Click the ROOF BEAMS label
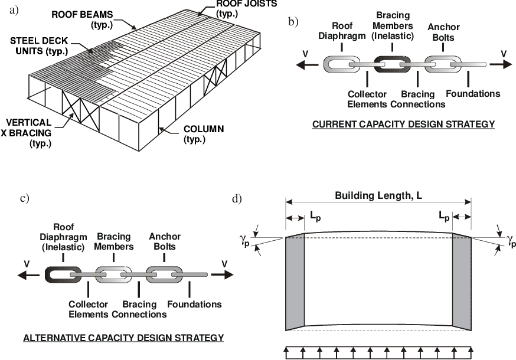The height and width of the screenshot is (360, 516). pos(82,19)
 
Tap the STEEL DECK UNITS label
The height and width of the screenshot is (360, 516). pos(39,46)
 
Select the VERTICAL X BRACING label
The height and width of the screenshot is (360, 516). pos(27,133)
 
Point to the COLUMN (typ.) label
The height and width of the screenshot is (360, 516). pos(204,134)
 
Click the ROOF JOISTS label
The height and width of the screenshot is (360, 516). pos(246,9)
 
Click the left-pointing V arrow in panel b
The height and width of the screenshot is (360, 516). pos(307,64)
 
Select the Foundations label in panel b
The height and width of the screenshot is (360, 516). pos(473,93)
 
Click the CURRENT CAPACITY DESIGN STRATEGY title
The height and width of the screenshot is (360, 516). pos(403,125)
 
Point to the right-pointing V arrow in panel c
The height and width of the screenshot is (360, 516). pos(222,274)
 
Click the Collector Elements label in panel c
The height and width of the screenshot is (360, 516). pos(88,309)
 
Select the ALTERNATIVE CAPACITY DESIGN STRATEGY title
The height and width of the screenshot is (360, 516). pos(123,338)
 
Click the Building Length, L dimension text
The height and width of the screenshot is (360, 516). pos(378,195)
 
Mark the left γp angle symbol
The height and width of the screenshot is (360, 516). pos(245,243)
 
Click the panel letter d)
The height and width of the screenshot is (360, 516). pos(237,199)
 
